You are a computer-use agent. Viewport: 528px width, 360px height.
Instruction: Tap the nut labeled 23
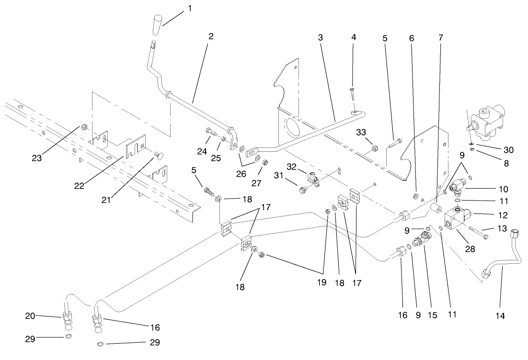click(x=84, y=127)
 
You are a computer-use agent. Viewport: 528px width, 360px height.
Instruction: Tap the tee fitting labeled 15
click(x=421, y=238)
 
